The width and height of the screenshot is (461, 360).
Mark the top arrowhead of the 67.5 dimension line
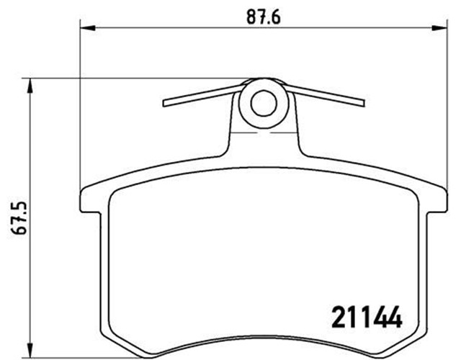pyautogui.click(x=30, y=84)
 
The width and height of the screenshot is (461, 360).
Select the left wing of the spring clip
pyautogui.click(x=202, y=95)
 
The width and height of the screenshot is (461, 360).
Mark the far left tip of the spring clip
pyautogui.click(x=166, y=103)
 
